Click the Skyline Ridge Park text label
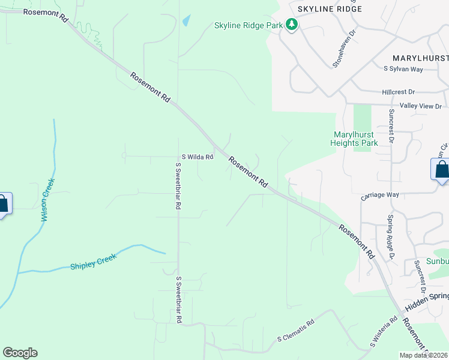tap(249, 25)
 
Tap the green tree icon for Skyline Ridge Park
tap(292, 25)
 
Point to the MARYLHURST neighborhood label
tap(420, 58)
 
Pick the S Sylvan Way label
tap(403, 70)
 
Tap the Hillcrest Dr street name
tap(399, 92)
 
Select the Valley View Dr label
tap(421, 106)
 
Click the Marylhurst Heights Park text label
tap(354, 139)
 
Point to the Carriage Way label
tap(380, 195)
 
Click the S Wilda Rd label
tap(197, 157)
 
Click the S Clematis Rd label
tap(296, 339)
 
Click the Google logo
tap(20, 353)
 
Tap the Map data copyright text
tap(424, 355)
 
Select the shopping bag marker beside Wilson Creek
tap(3, 204)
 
